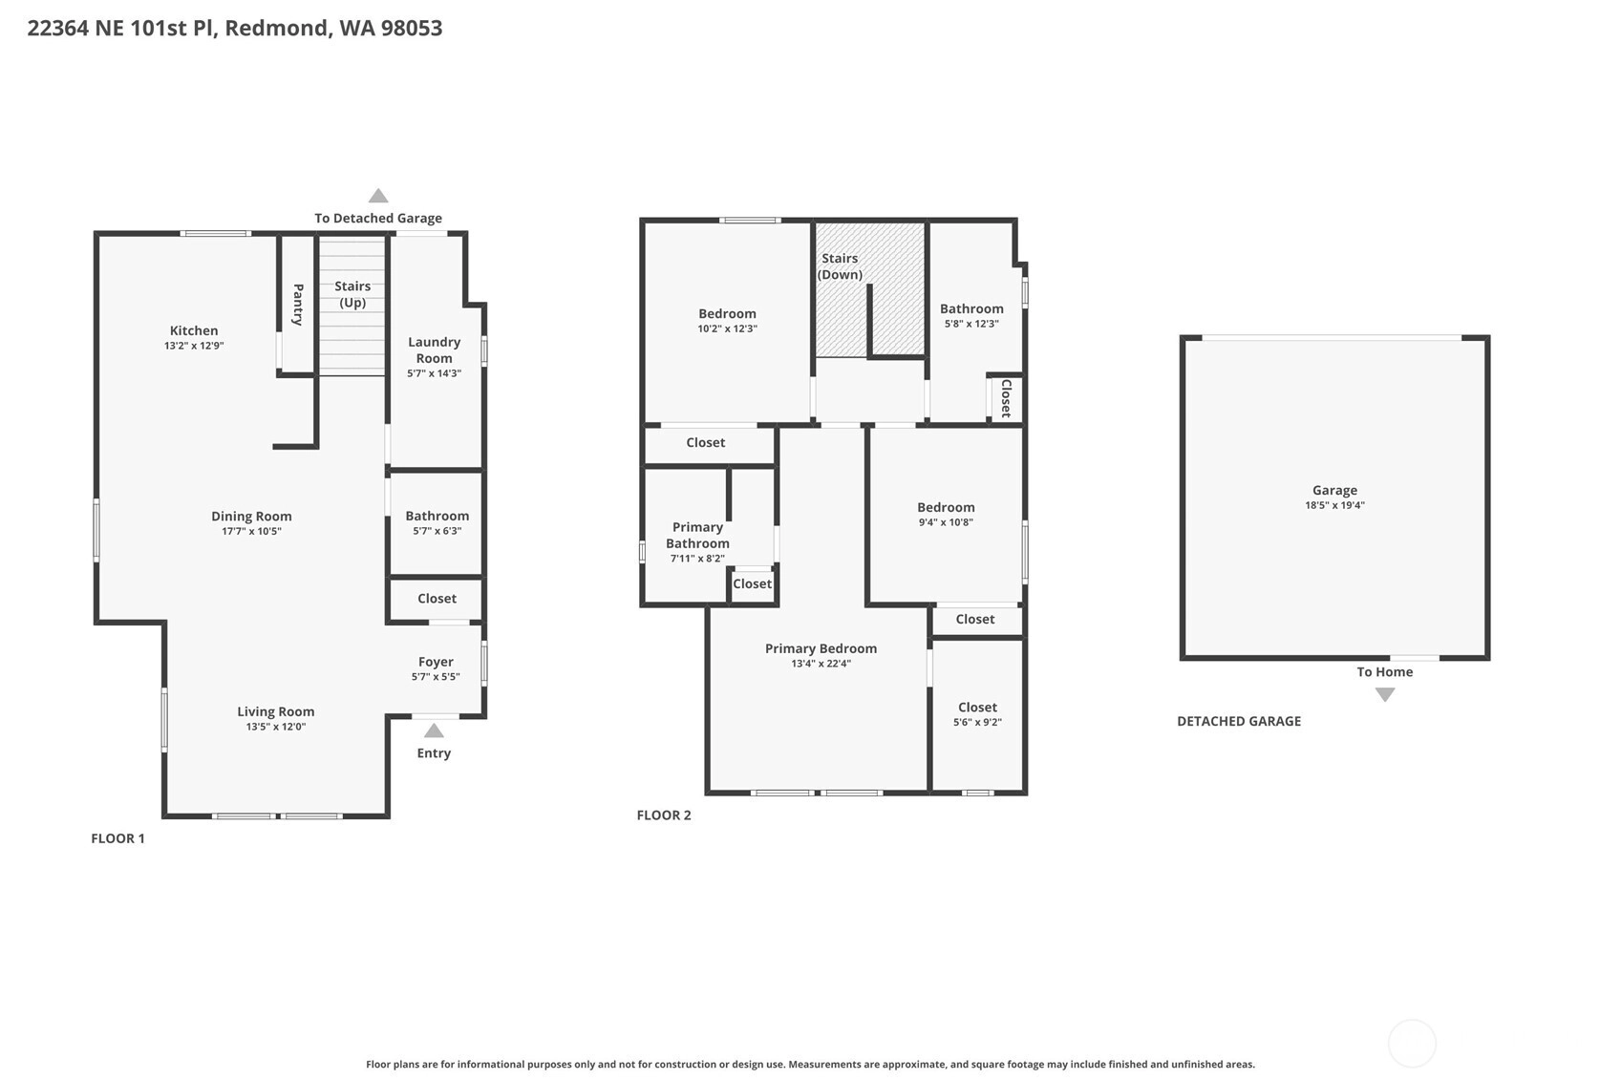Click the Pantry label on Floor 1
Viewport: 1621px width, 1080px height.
coord(298,305)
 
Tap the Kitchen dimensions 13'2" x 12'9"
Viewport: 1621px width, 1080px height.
coord(194,346)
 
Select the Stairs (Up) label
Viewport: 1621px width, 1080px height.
coord(352,294)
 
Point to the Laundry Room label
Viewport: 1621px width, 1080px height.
coord(435,350)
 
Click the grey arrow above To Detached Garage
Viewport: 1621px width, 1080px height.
coord(378,196)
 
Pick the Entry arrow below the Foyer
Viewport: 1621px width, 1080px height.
coord(434,730)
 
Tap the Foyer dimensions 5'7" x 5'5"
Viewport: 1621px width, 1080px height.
coord(436,677)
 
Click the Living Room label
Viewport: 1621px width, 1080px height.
coord(276,711)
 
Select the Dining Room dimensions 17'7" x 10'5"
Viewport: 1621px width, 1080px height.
coord(251,531)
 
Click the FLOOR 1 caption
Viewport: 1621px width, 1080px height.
coord(117,838)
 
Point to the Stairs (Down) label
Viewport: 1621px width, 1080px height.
coord(840,266)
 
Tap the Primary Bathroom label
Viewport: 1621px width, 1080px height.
coord(697,536)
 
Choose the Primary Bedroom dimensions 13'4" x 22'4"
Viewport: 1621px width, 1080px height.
coord(821,664)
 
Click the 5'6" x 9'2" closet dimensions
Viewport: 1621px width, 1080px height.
coord(978,722)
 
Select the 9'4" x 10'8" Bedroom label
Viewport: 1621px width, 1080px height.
coord(946,507)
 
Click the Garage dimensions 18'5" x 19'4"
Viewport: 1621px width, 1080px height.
coord(1334,506)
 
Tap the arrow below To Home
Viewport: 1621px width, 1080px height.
coord(1385,694)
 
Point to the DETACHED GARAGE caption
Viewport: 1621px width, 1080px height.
coord(1239,721)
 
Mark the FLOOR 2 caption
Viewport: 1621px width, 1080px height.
coord(664,815)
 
